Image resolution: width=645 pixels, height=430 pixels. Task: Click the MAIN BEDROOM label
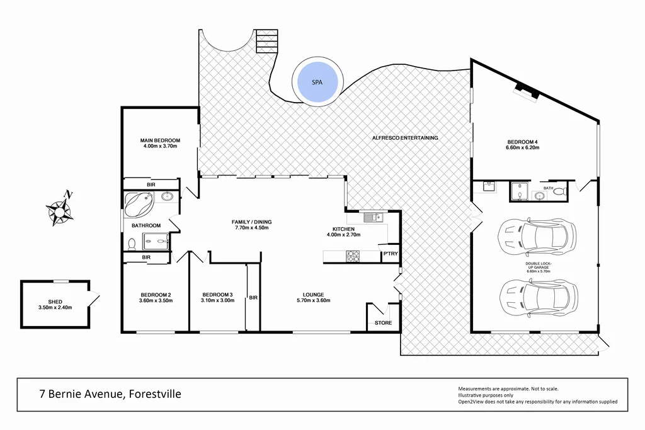tap(160, 140)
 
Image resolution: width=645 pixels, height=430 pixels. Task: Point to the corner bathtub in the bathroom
tap(139, 204)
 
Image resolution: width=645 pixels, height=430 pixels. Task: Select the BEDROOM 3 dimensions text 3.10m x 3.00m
tap(218, 301)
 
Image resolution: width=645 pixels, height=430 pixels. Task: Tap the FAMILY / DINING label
tap(251, 222)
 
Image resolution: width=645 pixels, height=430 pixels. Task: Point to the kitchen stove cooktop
tap(353, 256)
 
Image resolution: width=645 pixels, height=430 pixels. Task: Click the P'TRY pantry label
tap(391, 254)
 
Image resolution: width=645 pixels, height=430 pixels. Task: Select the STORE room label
tap(384, 323)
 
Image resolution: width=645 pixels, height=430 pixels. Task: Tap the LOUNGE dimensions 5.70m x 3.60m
tap(312, 301)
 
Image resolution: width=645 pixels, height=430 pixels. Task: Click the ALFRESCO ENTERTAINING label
tap(405, 138)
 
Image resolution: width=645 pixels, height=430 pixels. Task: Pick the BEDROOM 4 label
tap(523, 141)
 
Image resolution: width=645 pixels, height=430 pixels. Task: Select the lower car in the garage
tap(538, 297)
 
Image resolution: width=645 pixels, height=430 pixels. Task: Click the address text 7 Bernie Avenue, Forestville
tap(110, 394)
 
